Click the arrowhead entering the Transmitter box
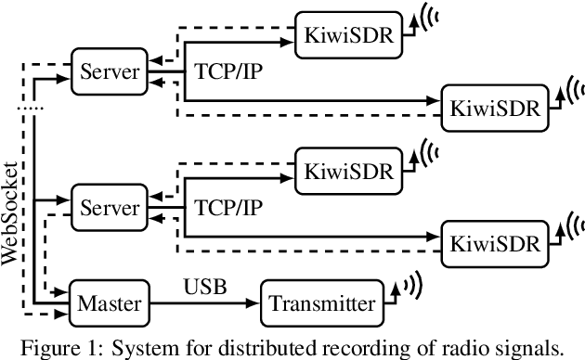[x=254, y=302]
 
